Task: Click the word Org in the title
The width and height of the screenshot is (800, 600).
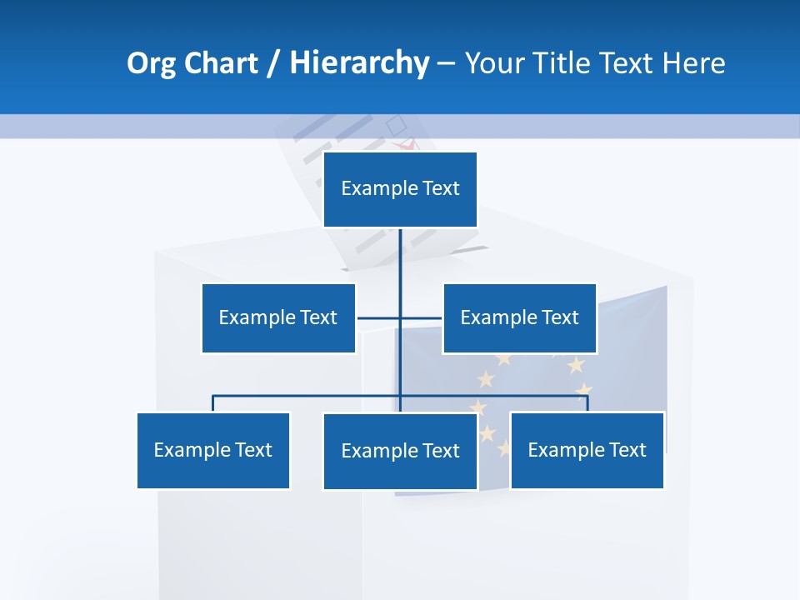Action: tap(151, 63)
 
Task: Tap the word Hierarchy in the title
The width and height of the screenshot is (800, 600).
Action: tap(359, 63)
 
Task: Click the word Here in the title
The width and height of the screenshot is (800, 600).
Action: tap(693, 63)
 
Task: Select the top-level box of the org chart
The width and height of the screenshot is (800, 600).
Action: tap(400, 189)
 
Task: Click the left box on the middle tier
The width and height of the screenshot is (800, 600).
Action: tap(278, 317)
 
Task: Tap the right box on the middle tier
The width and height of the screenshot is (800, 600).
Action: tap(519, 317)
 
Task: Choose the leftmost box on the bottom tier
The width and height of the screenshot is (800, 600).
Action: tap(213, 450)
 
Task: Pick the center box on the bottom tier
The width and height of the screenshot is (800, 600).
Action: tap(400, 451)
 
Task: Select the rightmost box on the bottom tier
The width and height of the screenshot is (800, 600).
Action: tap(587, 450)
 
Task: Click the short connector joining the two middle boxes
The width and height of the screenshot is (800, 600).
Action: tap(379, 317)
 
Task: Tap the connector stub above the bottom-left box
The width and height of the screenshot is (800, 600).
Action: tap(213, 403)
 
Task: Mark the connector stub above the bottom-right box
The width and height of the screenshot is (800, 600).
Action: tap(587, 403)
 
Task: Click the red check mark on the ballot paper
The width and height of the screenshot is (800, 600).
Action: tap(408, 145)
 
